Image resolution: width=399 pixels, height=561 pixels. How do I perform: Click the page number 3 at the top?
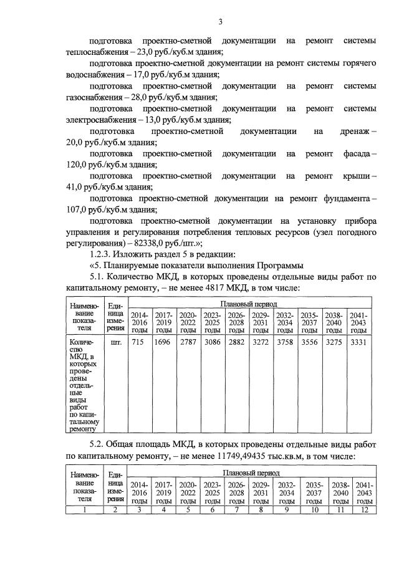220,23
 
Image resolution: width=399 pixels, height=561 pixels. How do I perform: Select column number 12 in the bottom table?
364,509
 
